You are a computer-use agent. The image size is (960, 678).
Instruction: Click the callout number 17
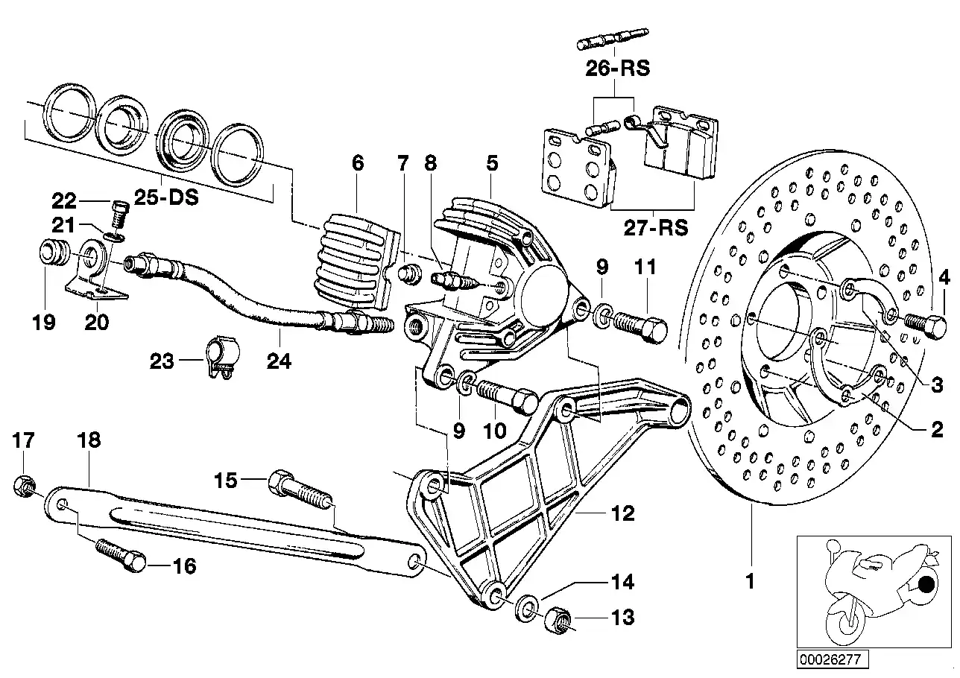[x=24, y=440]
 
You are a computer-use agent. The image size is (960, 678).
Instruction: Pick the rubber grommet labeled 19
[x=54, y=255]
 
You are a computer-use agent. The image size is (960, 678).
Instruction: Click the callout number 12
[x=622, y=513]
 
